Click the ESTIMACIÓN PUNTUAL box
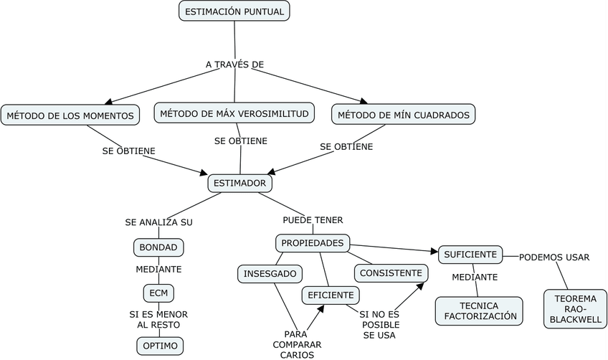click(x=234, y=11)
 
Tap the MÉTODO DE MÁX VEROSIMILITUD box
click(x=234, y=113)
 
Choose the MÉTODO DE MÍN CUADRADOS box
click(x=404, y=115)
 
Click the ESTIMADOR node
click(x=240, y=184)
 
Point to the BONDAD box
click(x=158, y=248)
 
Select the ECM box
click(x=158, y=293)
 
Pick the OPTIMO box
click(x=160, y=346)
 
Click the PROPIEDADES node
click(x=313, y=243)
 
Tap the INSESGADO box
click(x=270, y=274)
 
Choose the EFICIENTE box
click(x=331, y=295)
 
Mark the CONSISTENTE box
click(x=391, y=273)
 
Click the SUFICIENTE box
click(x=470, y=254)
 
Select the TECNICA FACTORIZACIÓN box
click(x=479, y=310)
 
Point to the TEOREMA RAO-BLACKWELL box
click(x=575, y=309)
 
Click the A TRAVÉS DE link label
click(x=234, y=65)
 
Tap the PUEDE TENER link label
click(x=313, y=219)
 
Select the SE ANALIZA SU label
click(x=158, y=222)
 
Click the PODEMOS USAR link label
click(x=554, y=257)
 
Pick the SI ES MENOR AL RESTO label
click(x=158, y=319)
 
